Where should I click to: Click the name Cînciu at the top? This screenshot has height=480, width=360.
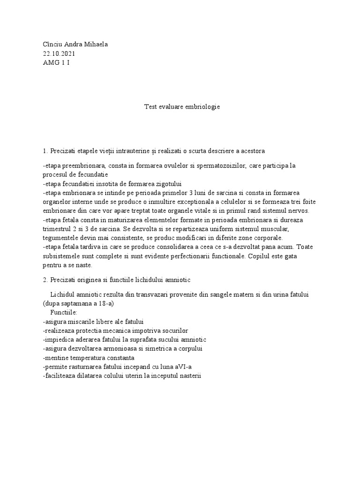click(x=52, y=45)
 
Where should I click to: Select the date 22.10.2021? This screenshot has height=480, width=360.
click(x=59, y=53)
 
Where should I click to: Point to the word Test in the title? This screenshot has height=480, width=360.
click(x=150, y=107)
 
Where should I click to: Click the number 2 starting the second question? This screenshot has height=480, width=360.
click(x=44, y=279)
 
